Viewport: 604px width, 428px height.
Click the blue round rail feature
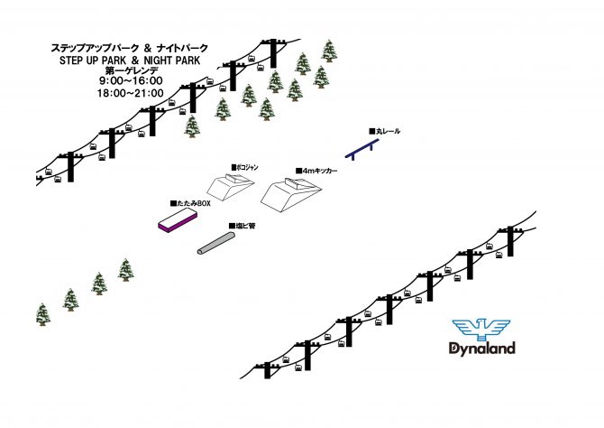361,149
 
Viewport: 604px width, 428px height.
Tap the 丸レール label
385,131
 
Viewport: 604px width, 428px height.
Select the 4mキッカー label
316,171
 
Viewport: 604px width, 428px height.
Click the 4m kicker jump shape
291,194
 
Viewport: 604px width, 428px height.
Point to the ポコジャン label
245,167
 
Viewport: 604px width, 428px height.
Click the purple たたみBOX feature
178,220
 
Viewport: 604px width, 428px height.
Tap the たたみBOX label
191,203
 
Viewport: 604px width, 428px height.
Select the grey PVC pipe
216,244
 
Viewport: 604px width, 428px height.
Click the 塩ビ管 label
243,226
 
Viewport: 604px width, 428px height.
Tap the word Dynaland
482,349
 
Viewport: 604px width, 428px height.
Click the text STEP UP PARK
93,60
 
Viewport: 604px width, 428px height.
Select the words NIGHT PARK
172,60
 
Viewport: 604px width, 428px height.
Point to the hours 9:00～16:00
131,80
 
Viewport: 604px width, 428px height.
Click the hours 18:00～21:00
130,93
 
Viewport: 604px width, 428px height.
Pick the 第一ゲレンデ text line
132,70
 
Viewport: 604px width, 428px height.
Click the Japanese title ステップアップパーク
95,48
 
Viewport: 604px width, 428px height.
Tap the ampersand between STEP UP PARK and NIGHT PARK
135,60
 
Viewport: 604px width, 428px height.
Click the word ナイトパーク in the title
183,48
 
